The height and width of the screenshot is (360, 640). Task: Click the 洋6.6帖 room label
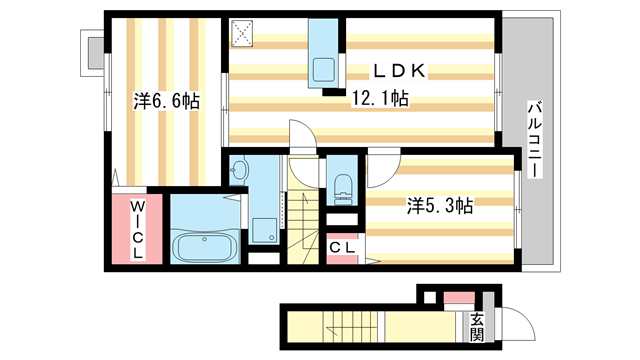tap(166, 101)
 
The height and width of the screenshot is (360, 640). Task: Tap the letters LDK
tap(400, 70)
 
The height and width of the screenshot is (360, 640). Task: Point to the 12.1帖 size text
tap(378, 98)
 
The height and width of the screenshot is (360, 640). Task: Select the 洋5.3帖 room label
tap(440, 207)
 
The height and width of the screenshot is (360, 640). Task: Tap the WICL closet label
tap(139, 230)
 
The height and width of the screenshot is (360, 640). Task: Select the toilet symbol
tap(343, 184)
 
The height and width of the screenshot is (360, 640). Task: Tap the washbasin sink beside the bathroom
tap(238, 172)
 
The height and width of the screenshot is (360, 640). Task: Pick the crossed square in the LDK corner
tap(244, 35)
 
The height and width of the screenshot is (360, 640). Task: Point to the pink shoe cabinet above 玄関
tap(456, 298)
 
